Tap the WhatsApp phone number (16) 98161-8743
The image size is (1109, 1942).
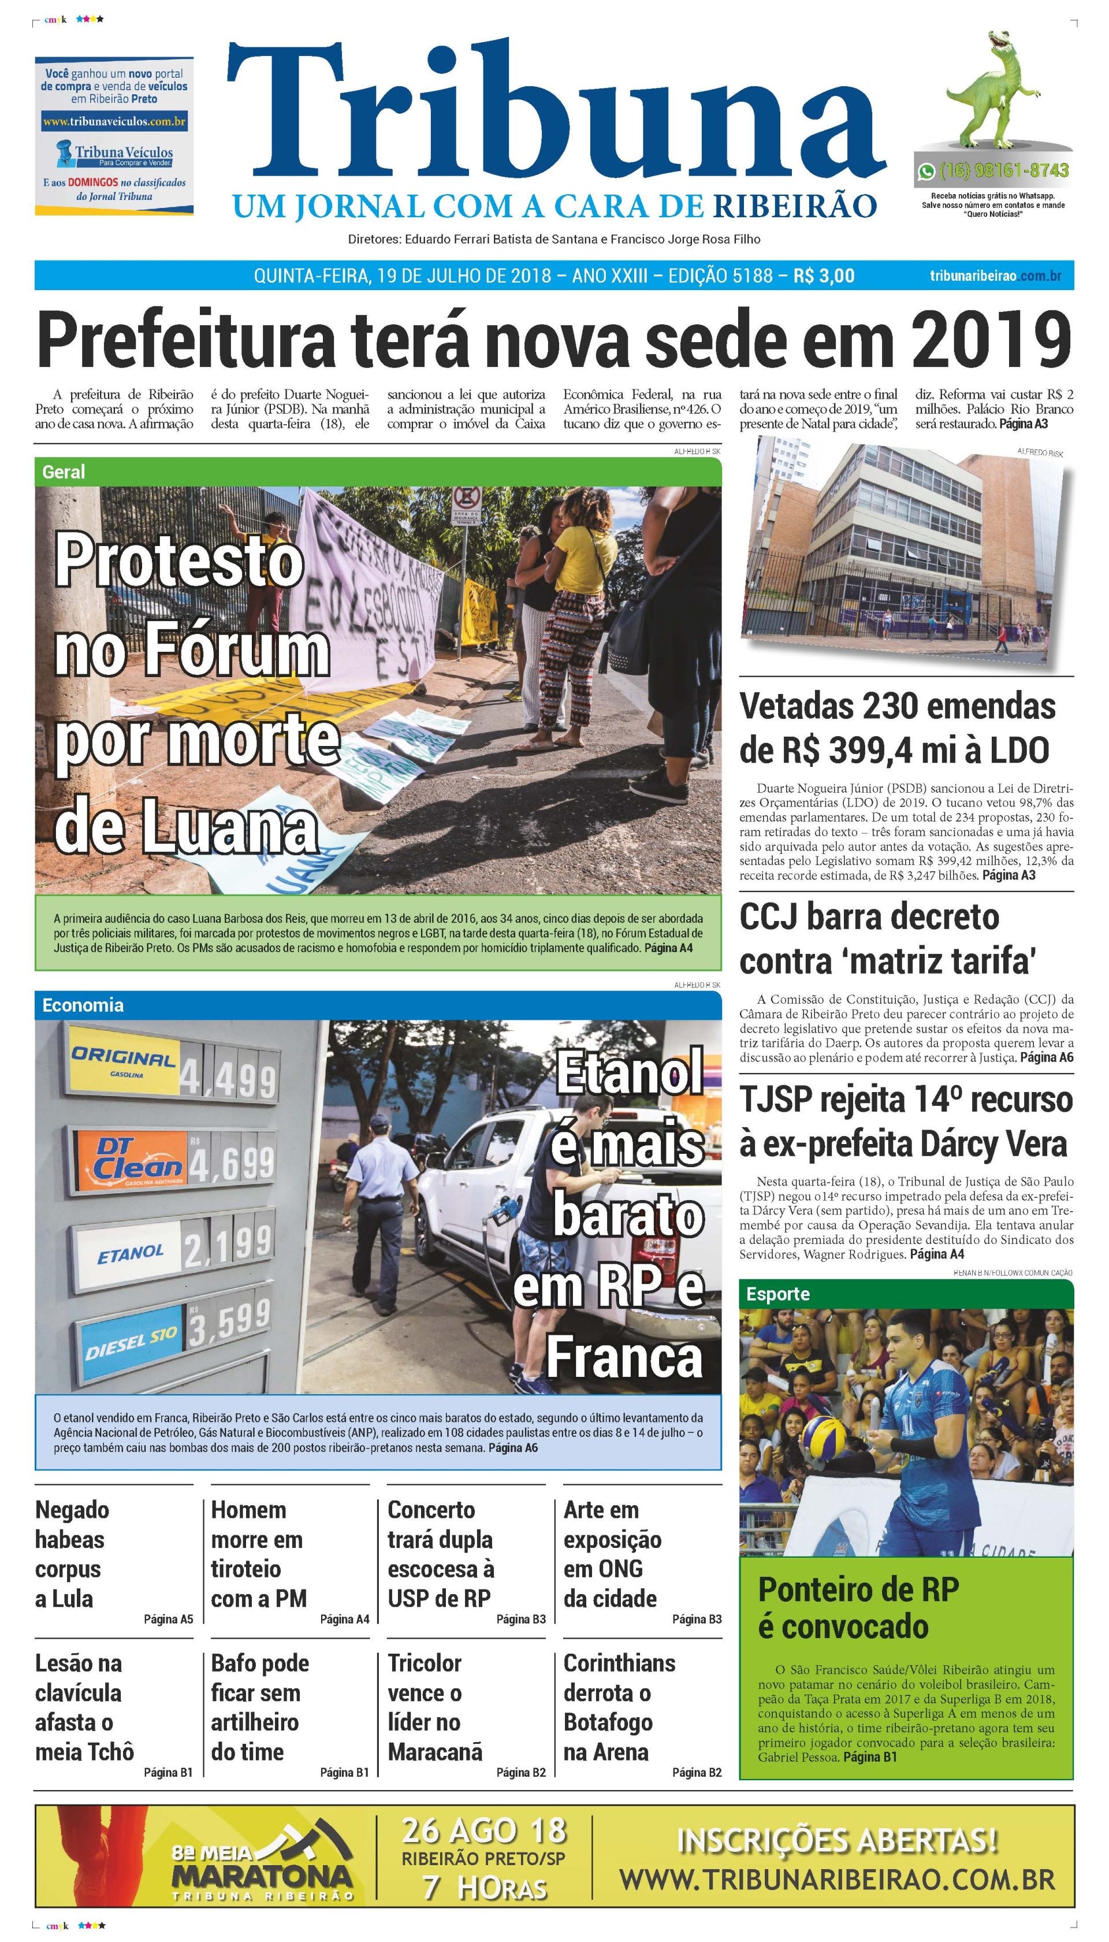tap(1003, 170)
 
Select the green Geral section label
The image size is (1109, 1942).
tap(64, 471)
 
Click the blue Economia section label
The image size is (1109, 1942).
tap(82, 1005)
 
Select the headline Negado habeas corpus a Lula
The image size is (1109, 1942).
tap(72, 1554)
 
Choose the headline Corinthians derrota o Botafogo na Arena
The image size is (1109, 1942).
tap(619, 1707)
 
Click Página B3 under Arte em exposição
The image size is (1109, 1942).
tap(696, 1619)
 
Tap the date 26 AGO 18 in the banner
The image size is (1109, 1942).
tap(485, 1830)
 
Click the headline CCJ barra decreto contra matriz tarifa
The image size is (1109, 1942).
tap(887, 938)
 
